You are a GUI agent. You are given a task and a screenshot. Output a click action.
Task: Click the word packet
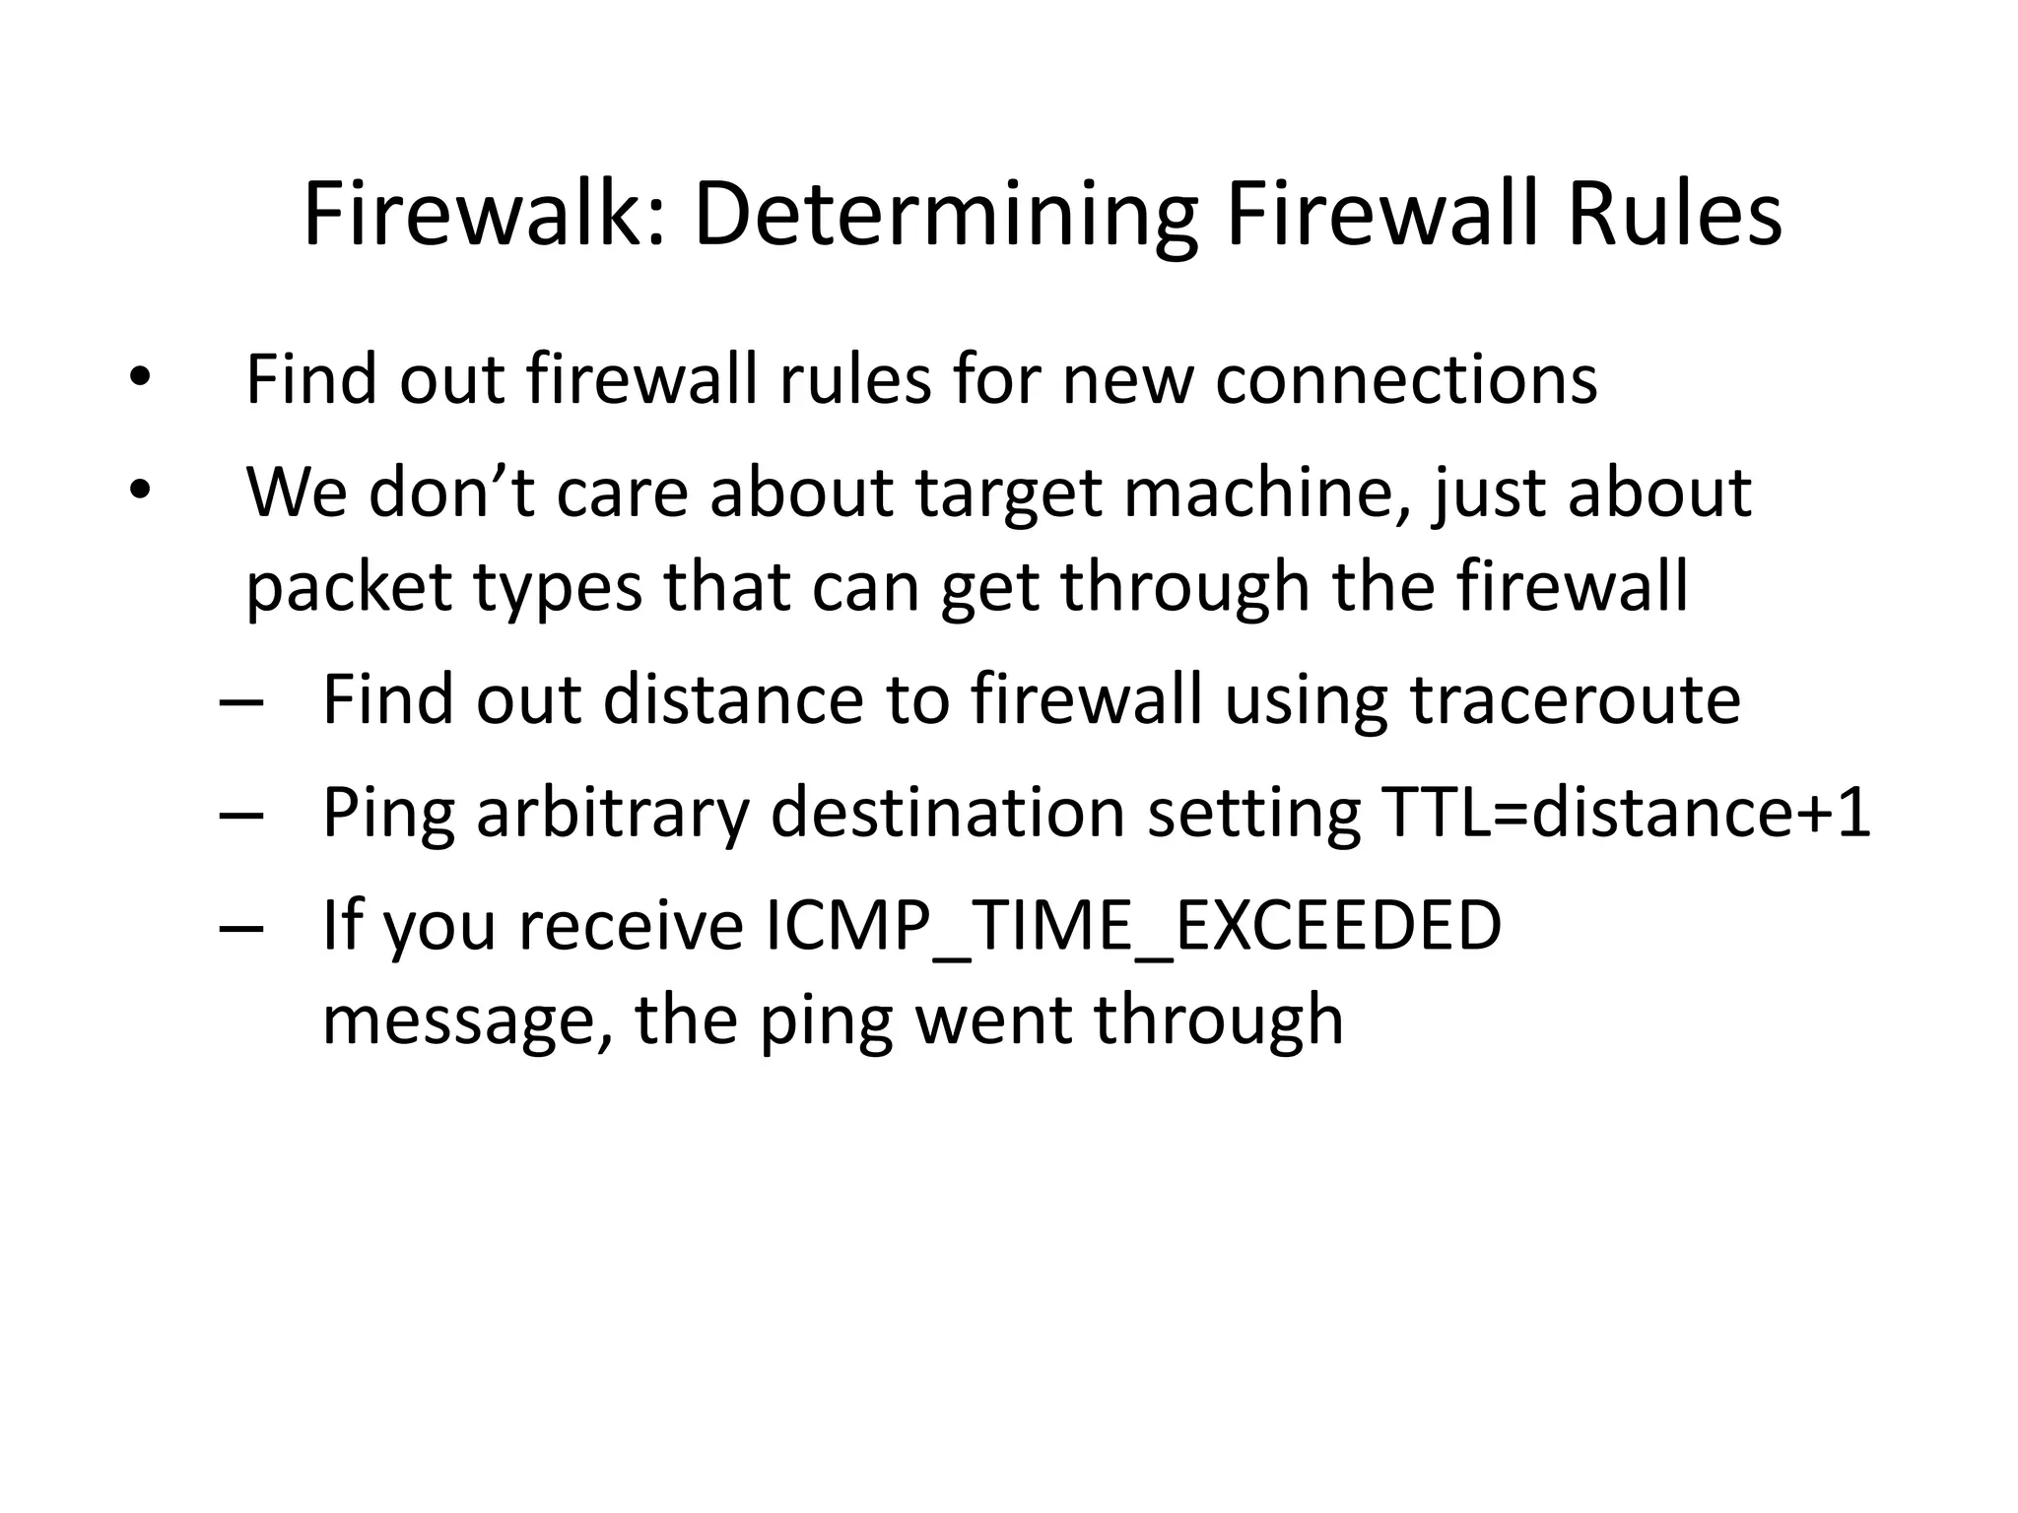349,585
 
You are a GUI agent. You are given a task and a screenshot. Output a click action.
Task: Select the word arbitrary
611,814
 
